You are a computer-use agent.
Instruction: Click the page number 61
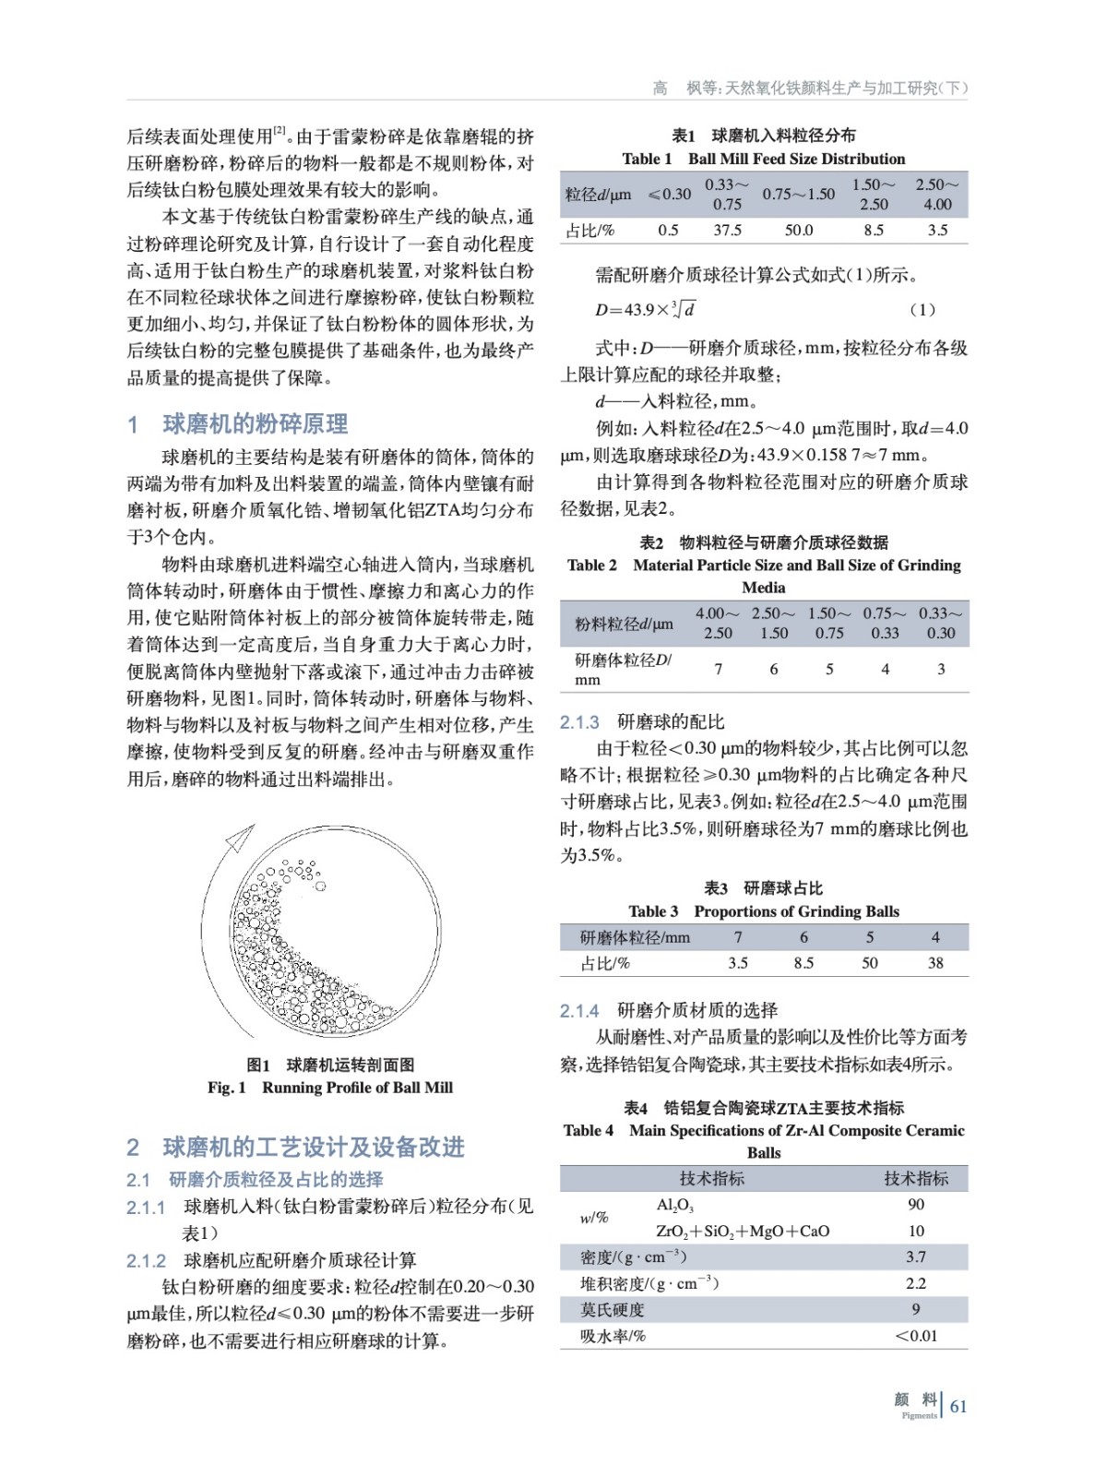click(x=958, y=1406)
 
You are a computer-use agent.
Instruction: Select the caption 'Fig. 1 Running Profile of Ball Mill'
click(x=330, y=1088)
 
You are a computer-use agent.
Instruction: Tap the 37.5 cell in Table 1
click(x=727, y=231)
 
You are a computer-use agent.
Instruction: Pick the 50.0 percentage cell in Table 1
click(x=798, y=231)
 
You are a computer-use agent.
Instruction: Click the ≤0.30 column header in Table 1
click(x=669, y=194)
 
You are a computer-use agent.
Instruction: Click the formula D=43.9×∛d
click(x=645, y=310)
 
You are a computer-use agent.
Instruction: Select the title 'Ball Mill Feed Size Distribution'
click(x=796, y=159)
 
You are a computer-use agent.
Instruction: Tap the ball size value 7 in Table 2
click(x=718, y=670)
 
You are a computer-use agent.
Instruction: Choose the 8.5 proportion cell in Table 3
click(x=803, y=963)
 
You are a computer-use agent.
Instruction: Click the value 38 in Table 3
click(x=935, y=963)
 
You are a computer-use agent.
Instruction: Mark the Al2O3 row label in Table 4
click(x=674, y=1205)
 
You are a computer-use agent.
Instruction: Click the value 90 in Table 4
click(x=916, y=1205)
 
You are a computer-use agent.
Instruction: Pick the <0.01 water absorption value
click(x=916, y=1336)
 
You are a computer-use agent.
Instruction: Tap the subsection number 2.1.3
click(x=579, y=722)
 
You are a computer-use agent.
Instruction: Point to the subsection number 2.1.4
click(x=579, y=1011)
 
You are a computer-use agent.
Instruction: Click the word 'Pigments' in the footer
click(x=919, y=1415)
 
